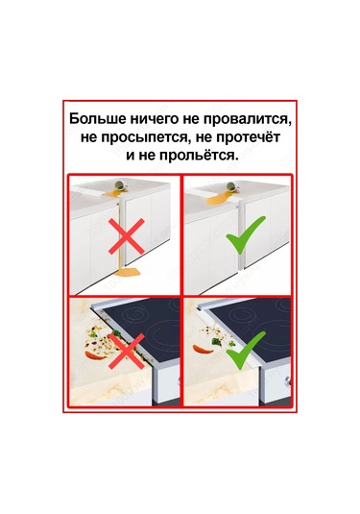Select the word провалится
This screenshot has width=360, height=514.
point(247,120)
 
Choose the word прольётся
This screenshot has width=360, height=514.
point(197,155)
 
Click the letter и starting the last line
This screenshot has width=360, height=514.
point(130,156)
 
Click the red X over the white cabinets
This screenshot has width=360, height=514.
point(127,236)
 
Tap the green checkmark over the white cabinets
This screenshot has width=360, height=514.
point(246,234)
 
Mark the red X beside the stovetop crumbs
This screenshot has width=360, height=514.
point(127,351)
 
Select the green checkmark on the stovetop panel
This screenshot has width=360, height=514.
point(246,349)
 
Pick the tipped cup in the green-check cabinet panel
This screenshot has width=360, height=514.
point(233,186)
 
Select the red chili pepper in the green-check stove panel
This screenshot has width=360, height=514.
point(202,349)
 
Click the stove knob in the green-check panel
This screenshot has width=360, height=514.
point(288,381)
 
